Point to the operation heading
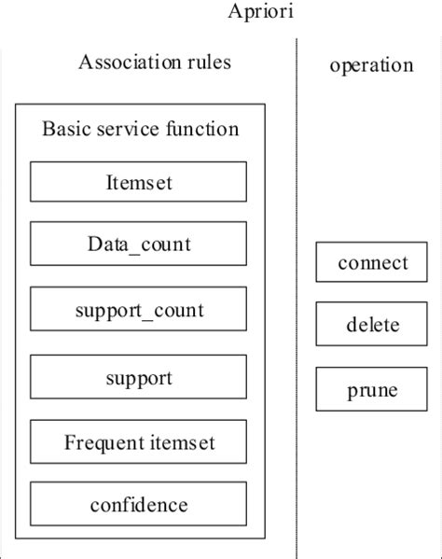[x=371, y=65]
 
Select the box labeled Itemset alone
[x=139, y=182]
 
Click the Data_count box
[x=139, y=245]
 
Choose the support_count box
[x=139, y=308]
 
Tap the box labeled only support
[x=139, y=378]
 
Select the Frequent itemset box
[x=139, y=441]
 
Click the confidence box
[x=139, y=505]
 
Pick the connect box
[x=372, y=262]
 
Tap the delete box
[x=372, y=326]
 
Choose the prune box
[x=372, y=389]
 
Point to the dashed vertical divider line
[x=297, y=280]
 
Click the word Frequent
[x=103, y=441]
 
